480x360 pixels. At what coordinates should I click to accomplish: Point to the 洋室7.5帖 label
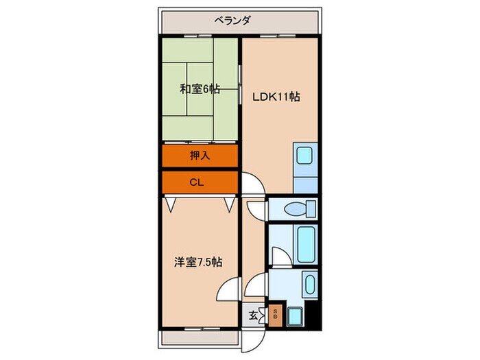[197, 261]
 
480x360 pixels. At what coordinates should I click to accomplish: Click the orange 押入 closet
[200, 156]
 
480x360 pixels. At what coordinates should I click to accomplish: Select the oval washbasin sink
[309, 285]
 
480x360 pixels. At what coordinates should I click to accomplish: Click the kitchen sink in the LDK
[303, 156]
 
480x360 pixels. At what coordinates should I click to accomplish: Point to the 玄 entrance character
[252, 316]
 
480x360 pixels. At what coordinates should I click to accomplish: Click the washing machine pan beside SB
[296, 316]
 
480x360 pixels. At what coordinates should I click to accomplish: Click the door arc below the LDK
[251, 184]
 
